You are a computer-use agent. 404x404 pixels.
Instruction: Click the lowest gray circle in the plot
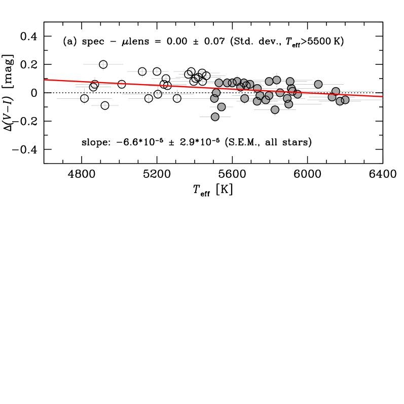215,117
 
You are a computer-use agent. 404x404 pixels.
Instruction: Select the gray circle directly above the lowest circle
222,107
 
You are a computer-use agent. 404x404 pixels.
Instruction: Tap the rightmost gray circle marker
345,100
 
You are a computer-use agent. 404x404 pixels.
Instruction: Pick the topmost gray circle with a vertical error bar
277,80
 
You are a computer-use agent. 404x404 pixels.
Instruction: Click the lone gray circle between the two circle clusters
318,84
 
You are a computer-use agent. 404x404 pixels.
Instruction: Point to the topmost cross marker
103,64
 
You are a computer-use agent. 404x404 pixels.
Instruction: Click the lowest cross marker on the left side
105,105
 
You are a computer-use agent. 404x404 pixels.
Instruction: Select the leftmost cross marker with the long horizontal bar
84,98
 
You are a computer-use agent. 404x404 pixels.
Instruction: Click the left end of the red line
45,80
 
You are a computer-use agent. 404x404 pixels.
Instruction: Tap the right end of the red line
382,96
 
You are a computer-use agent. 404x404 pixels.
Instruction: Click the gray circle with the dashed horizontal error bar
216,93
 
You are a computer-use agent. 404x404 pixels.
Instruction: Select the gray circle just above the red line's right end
336,91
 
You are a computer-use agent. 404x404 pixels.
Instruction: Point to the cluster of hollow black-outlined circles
196,76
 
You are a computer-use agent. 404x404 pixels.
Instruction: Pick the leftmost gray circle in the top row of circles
219,83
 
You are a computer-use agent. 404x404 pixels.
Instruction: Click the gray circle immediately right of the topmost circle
290,81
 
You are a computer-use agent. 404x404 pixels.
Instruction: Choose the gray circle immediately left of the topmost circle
269,81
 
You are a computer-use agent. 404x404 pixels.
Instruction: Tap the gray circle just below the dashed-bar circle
214,98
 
